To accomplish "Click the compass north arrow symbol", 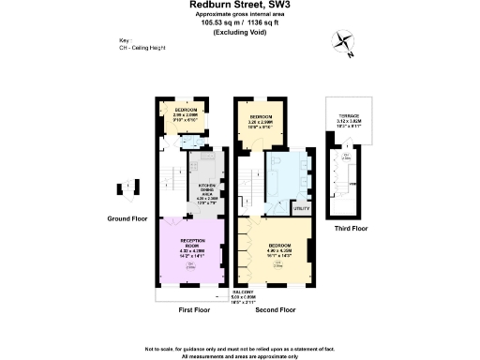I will (x=342, y=42).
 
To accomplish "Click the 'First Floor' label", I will (x=195, y=308).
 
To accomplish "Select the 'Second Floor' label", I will (x=275, y=308).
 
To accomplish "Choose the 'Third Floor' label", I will (x=351, y=228).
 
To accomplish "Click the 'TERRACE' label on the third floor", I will (x=349, y=115).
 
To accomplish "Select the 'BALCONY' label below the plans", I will (x=244, y=292).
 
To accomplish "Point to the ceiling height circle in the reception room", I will (x=191, y=266).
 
